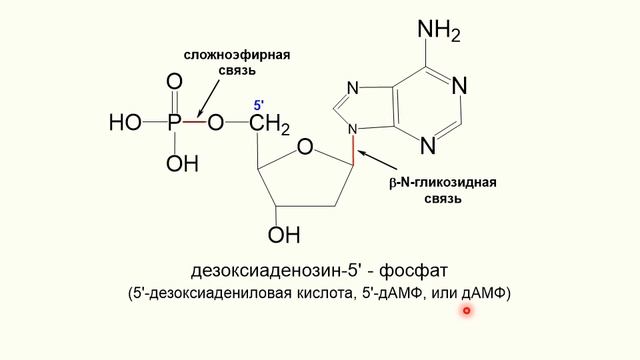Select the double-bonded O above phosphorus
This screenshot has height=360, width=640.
(174, 82)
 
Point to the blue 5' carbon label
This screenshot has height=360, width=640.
(258, 105)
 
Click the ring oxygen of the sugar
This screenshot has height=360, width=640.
(306, 149)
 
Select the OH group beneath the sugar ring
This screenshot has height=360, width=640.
(283, 235)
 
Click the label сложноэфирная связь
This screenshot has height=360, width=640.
(236, 62)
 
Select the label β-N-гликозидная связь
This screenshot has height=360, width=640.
(442, 191)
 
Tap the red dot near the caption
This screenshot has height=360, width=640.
(466, 311)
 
